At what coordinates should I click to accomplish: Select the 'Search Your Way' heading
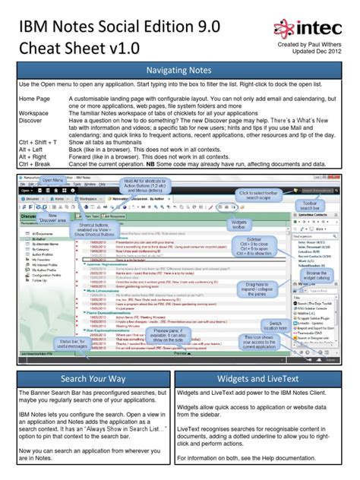pos(93,379)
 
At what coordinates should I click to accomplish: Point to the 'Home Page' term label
pos(34,99)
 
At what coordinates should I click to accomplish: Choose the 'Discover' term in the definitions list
pos(31,121)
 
